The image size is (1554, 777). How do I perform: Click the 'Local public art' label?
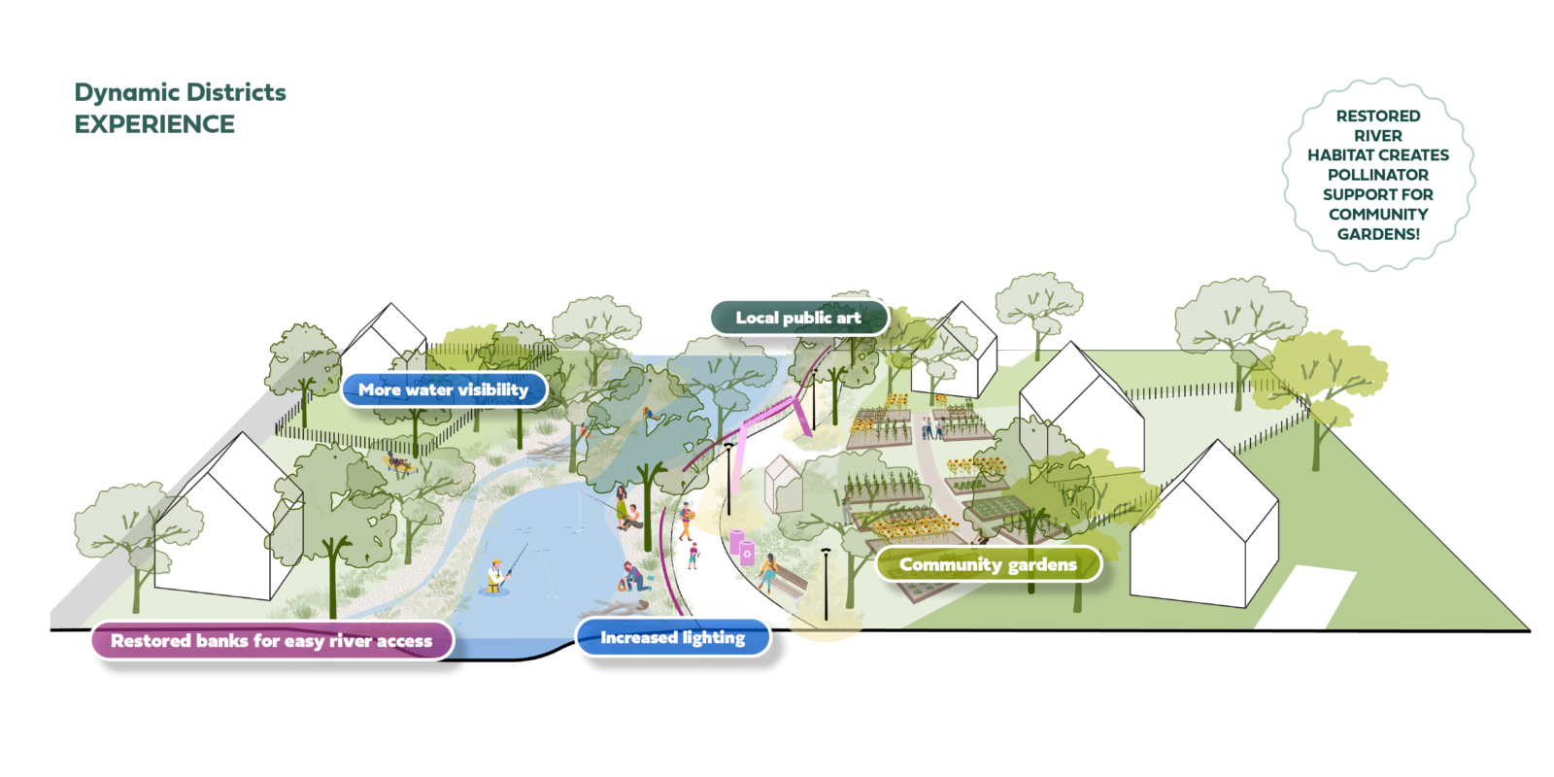[x=798, y=318]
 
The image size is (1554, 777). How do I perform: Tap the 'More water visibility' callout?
[x=443, y=389]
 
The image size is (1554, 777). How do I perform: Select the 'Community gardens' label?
[x=988, y=564]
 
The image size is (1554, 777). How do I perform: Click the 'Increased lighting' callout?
[x=672, y=638]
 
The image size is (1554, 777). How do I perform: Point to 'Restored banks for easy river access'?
[x=271, y=641]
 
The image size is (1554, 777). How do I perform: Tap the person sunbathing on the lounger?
[x=399, y=463]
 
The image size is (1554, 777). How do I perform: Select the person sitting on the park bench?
[x=768, y=572]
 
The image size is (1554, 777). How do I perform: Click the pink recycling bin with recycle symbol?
[x=747, y=554]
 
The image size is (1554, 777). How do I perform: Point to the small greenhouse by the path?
[x=781, y=483]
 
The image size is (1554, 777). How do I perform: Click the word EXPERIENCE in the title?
[x=154, y=124]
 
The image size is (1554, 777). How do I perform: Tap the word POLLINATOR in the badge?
[x=1378, y=175]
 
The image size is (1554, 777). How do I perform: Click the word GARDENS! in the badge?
[x=1378, y=234]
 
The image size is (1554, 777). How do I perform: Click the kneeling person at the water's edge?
[x=634, y=577]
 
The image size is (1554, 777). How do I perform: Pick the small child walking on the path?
[x=693, y=556]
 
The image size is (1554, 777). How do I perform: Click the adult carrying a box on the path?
[x=687, y=521]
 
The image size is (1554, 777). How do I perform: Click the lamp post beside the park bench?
[x=826, y=583]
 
